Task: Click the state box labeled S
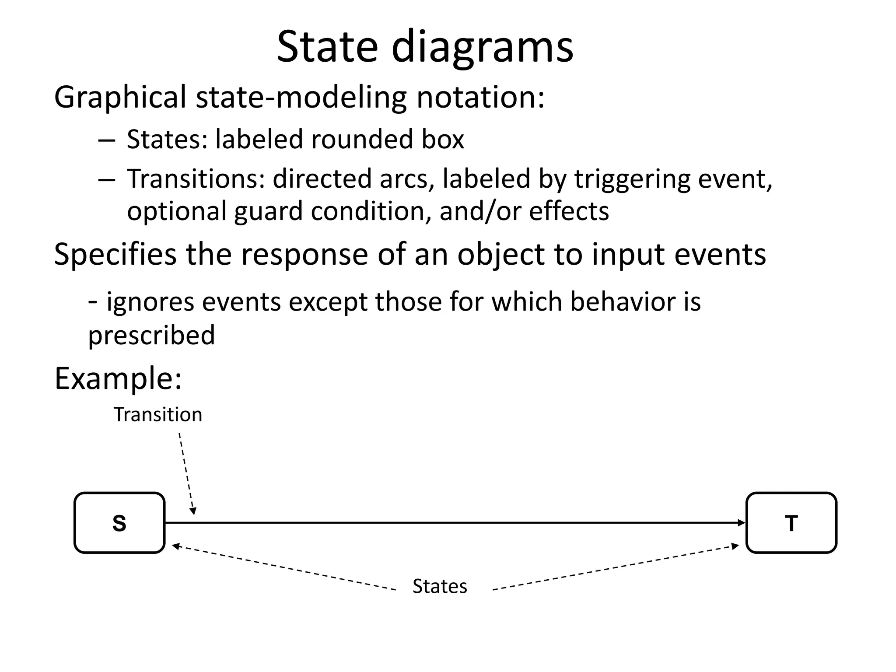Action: pos(119,523)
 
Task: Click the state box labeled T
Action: pos(791,523)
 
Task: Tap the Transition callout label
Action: pos(158,415)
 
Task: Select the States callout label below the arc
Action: pos(440,586)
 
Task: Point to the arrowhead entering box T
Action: pos(741,523)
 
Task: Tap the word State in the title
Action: pos(327,46)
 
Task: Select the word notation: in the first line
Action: pos(480,97)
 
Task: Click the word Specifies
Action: pos(115,255)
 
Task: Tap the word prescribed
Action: pos(151,336)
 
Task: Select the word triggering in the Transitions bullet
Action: pos(632,180)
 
